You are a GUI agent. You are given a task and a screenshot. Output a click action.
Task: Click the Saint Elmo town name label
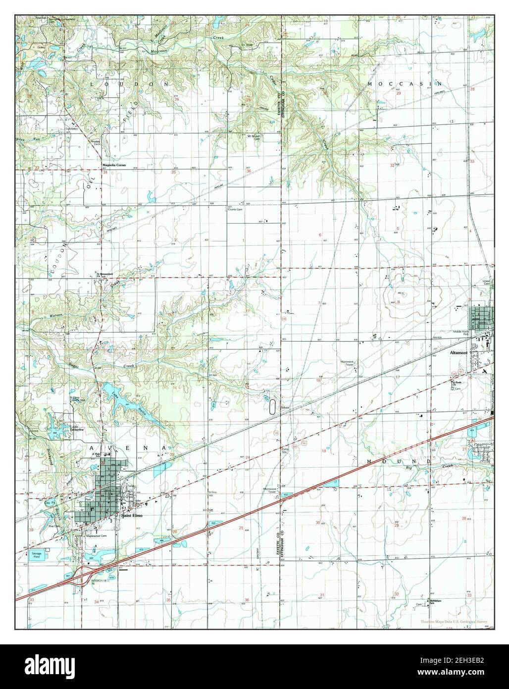tap(132, 515)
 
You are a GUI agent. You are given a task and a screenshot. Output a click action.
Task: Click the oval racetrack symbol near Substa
tap(272, 407)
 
